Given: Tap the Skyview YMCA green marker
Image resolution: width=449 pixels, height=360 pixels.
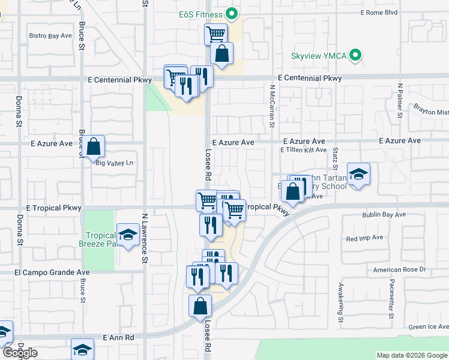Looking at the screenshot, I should (x=355, y=56).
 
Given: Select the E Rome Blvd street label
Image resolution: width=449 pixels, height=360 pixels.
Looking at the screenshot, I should (x=379, y=12).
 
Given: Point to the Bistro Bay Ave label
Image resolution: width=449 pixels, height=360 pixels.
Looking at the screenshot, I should (x=50, y=36).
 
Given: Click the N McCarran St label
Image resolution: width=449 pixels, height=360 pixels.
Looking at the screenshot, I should (x=272, y=106).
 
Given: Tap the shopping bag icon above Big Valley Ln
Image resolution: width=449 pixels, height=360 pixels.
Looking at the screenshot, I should (x=94, y=146).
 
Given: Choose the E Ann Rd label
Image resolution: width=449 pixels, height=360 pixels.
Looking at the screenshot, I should (x=118, y=338).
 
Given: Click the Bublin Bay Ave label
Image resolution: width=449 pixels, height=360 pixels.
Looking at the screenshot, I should (x=384, y=214).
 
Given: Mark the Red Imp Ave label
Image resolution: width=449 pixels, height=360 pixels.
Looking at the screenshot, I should (x=364, y=238).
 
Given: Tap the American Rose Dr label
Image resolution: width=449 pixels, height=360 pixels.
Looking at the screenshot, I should (x=399, y=269).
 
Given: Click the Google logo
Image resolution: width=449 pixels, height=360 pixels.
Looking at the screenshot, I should (x=20, y=353).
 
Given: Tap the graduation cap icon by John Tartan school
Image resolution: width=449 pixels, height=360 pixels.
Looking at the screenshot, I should (x=358, y=174).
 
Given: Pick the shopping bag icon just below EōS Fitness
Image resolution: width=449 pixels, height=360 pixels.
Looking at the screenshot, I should (x=221, y=53).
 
